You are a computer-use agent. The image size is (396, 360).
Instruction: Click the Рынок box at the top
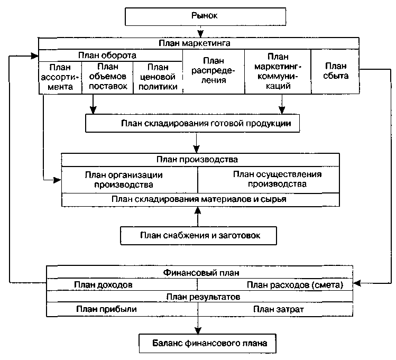[x=205, y=16]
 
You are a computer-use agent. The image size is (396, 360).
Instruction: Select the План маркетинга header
[x=199, y=43]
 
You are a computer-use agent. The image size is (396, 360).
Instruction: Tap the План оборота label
[x=110, y=56]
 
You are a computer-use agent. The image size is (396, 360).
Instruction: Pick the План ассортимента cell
[x=60, y=77]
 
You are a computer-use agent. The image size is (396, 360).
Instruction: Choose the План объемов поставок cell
[x=107, y=77]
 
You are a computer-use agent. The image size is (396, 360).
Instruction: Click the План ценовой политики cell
[x=158, y=77]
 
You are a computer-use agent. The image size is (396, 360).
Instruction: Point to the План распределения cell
[x=214, y=71]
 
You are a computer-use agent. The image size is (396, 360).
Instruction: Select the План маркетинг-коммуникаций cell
[x=278, y=71]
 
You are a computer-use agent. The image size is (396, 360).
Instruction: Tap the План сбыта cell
[x=335, y=71]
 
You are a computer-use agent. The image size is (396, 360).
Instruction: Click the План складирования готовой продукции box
[x=192, y=123]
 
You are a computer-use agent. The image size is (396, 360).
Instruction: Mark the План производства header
[x=200, y=160]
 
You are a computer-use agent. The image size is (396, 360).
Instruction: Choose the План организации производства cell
[x=130, y=180]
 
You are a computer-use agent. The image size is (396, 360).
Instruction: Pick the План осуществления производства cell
[x=269, y=180]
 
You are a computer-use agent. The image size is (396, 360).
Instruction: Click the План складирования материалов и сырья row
[x=200, y=200]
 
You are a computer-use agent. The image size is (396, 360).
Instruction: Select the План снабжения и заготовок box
[x=198, y=236]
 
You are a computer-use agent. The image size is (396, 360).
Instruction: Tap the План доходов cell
[x=122, y=285]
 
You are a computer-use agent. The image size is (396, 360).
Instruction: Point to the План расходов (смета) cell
[x=275, y=285]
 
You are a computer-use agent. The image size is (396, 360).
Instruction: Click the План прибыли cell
[x=122, y=309]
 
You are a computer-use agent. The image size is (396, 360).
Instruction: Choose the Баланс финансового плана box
[x=208, y=344]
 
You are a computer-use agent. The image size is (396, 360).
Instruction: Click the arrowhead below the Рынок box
[x=200, y=34]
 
